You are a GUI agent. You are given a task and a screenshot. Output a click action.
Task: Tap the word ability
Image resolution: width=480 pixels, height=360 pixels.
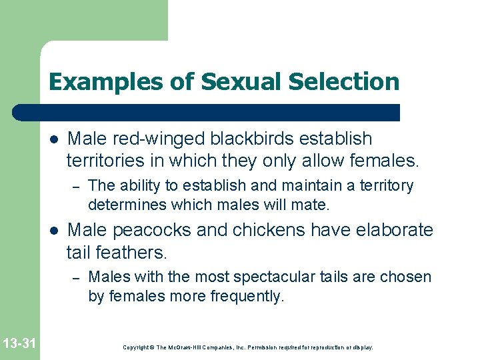(x=139, y=186)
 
